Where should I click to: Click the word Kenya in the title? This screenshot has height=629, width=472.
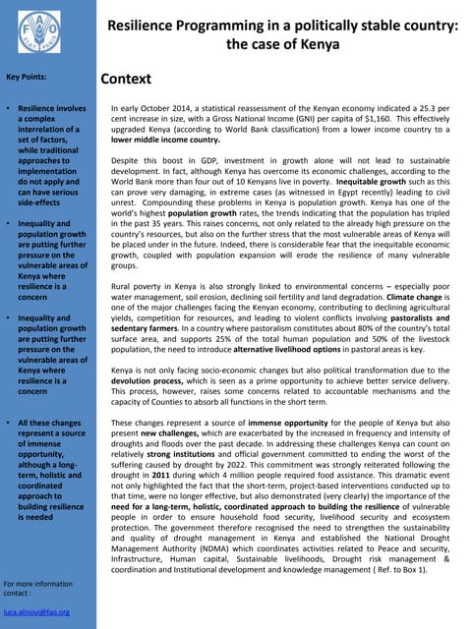pos(319,44)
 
